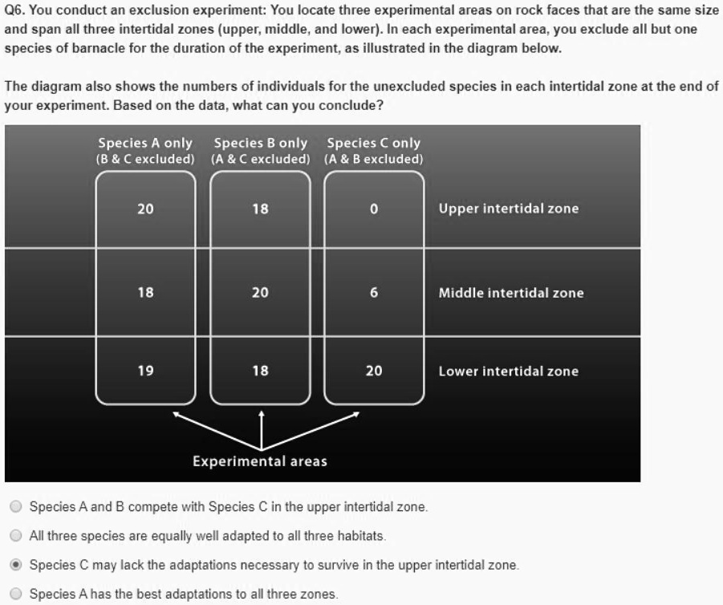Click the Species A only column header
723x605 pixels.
(145, 144)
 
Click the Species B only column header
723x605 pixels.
(261, 144)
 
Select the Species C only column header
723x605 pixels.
(374, 144)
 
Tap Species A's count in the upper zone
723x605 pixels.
(145, 209)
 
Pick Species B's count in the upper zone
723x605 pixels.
(261, 209)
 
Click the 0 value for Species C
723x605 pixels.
(374, 209)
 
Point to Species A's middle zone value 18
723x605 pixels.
(145, 293)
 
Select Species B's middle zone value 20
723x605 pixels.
(261, 293)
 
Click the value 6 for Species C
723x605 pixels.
(374, 293)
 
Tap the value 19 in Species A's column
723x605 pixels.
(145, 371)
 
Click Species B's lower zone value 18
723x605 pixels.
(261, 371)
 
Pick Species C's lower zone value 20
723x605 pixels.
(374, 371)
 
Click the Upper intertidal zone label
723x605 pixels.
(508, 209)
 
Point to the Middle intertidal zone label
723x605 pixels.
(511, 293)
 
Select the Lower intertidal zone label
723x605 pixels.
(508, 371)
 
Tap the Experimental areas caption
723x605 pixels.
(260, 461)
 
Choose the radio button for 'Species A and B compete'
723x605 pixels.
(16, 507)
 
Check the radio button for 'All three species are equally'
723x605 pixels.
(16, 536)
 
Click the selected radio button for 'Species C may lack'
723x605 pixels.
(16, 565)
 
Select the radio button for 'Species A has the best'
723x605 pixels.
(16, 594)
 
